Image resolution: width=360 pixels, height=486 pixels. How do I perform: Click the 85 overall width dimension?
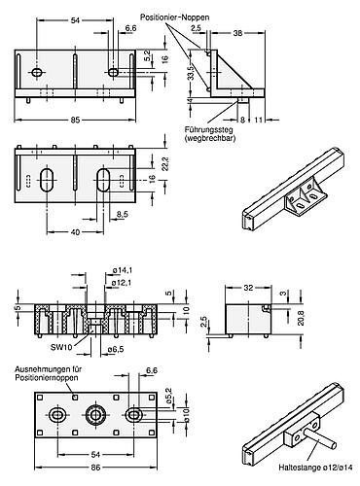[x=75, y=121]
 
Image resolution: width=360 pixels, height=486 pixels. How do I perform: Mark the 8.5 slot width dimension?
[x=125, y=212]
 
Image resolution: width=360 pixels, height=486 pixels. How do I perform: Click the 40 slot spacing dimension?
[x=75, y=232]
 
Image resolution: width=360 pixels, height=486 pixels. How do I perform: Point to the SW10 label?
[x=61, y=347]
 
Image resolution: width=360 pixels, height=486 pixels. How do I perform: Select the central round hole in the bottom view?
[x=95, y=415]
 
